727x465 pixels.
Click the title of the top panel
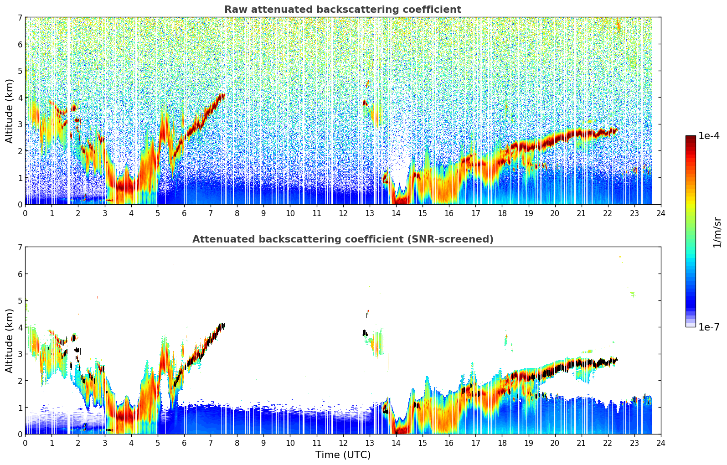[x=343, y=10]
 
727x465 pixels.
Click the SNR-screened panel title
[x=343, y=239]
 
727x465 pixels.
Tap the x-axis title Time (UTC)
[x=343, y=455]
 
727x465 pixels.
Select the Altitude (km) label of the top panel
[x=10, y=111]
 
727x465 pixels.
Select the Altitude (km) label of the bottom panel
[x=10, y=341]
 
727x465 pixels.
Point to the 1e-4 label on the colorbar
[x=709, y=136]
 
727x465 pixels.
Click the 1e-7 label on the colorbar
[x=709, y=327]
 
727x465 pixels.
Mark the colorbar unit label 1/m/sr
[x=717, y=232]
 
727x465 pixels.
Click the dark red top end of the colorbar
[x=691, y=137]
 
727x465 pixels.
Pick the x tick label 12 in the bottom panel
[x=343, y=443]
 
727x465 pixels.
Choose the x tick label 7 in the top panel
[x=211, y=213]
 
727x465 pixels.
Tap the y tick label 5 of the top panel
[x=20, y=71]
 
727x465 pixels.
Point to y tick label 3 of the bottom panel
[x=20, y=354]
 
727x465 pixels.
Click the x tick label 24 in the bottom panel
[x=661, y=443]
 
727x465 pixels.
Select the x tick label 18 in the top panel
[x=502, y=213]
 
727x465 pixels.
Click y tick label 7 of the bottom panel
[x=20, y=247]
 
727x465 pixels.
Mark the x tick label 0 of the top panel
[x=25, y=213]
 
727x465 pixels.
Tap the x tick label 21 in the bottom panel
[x=581, y=443]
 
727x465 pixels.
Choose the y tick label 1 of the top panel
[x=20, y=178]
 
